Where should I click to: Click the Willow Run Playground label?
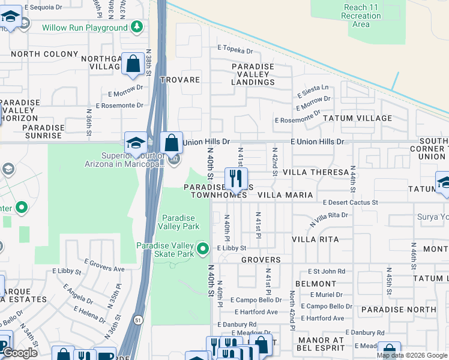85,28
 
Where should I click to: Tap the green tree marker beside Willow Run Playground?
137,27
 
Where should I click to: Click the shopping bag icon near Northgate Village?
131,63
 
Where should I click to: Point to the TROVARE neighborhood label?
179,80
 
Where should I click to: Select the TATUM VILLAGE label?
357,118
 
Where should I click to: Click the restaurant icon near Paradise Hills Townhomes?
236,178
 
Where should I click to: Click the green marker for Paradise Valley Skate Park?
203,248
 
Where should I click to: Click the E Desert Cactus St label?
350,203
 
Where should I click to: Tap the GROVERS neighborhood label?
261,260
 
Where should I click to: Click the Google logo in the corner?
20,353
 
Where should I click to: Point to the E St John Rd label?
327,271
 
